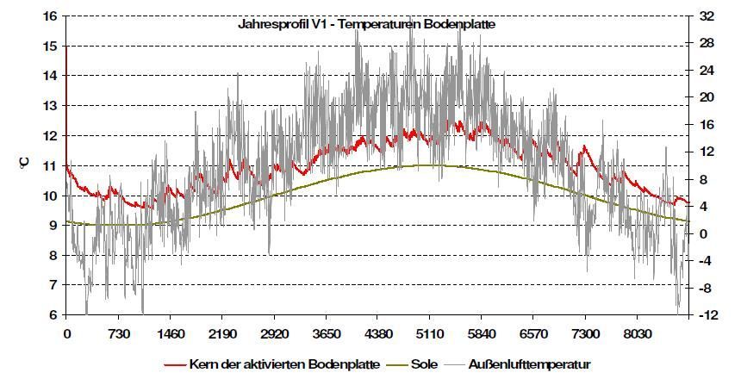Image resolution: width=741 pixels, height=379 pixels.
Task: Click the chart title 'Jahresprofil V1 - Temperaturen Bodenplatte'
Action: coord(366,24)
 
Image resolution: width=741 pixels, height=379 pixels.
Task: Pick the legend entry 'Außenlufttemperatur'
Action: coord(531,363)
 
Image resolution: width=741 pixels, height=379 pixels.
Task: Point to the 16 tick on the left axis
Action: coord(49,16)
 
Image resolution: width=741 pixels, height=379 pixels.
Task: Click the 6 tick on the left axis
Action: coord(53,314)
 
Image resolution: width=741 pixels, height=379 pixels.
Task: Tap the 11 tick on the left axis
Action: coord(49,165)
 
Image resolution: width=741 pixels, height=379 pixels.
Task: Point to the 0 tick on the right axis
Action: coord(701,233)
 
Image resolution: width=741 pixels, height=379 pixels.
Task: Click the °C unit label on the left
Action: coord(24,165)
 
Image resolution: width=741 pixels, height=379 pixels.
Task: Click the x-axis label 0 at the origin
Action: coord(66,335)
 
